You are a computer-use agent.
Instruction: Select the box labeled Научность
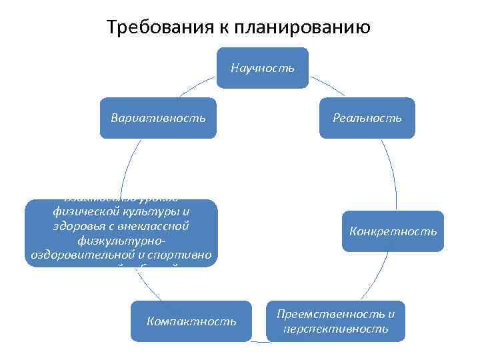click(262, 67)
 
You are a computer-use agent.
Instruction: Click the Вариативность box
click(158, 118)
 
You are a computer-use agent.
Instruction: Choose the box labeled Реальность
click(367, 118)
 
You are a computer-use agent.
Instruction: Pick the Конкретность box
click(393, 231)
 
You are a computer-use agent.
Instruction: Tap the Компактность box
click(191, 321)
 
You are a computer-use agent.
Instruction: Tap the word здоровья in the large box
click(78, 226)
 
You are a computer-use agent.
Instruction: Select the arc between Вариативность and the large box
click(125, 167)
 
